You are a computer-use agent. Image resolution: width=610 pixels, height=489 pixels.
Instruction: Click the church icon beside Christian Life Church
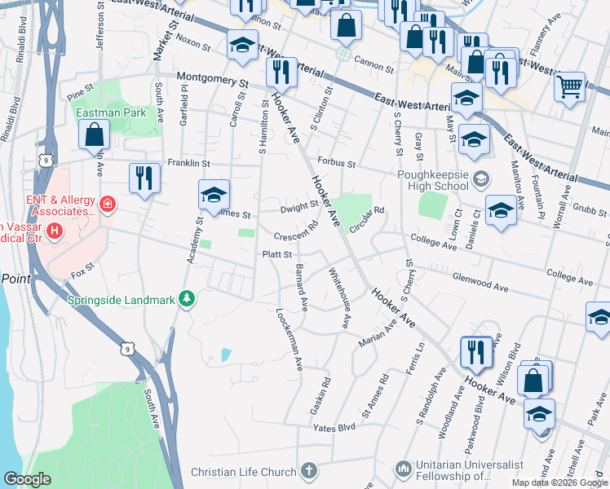(308, 471)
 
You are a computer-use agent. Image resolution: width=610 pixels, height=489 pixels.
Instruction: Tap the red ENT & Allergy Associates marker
(107, 202)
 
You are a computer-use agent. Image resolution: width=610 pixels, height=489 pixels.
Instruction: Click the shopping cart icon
(569, 85)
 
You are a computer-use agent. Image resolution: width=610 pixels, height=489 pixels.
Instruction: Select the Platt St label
(276, 254)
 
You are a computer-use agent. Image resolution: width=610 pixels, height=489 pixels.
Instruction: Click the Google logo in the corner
(27, 479)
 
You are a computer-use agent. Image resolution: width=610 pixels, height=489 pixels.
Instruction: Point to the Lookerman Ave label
(290, 336)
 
